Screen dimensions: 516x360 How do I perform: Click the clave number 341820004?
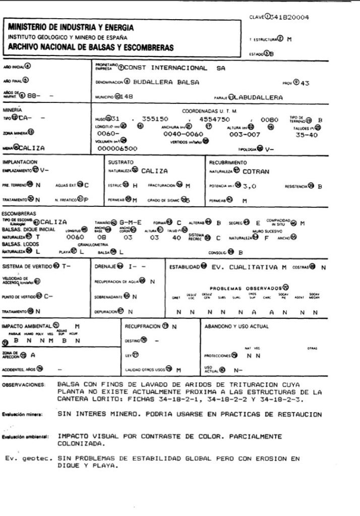(x=290, y=18)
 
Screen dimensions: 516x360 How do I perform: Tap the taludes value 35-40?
(x=307, y=135)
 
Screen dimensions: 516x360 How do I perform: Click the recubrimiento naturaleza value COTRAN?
(x=256, y=171)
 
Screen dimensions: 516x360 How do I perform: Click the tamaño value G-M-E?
(x=130, y=222)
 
